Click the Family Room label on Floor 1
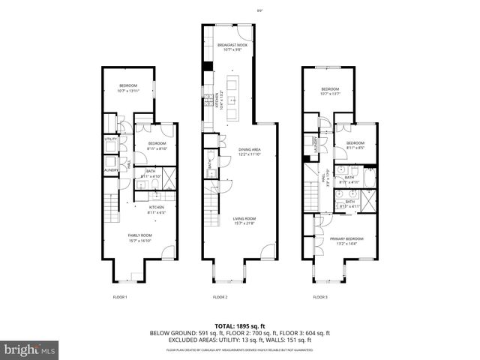pyautogui.click(x=139, y=238)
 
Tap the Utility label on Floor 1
pyautogui.click(x=109, y=139)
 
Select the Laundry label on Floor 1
pyautogui.click(x=110, y=169)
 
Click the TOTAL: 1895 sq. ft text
pyautogui.click(x=240, y=325)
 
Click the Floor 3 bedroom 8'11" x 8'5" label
pyautogui.click(x=355, y=145)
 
